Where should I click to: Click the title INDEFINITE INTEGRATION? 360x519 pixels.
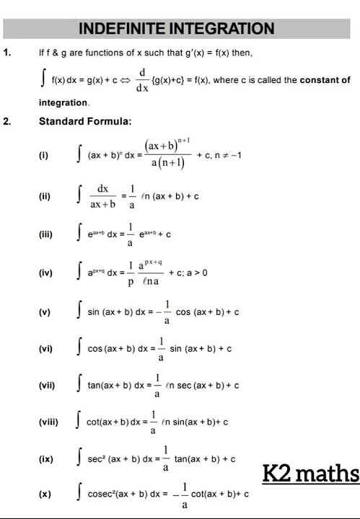(176, 29)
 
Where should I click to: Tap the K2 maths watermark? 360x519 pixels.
(310, 474)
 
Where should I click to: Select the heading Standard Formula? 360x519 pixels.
(85, 121)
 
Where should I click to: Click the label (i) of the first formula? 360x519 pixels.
(45, 155)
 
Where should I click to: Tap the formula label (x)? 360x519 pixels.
(45, 494)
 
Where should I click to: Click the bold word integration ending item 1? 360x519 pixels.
(63, 103)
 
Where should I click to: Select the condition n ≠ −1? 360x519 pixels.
(227, 155)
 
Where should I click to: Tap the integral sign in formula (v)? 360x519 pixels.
(79, 312)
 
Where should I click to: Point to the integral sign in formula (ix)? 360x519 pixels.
(79, 458)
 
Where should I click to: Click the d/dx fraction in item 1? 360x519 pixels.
(142, 79)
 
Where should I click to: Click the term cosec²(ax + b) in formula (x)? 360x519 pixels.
(118, 494)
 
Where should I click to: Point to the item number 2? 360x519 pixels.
(7, 121)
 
